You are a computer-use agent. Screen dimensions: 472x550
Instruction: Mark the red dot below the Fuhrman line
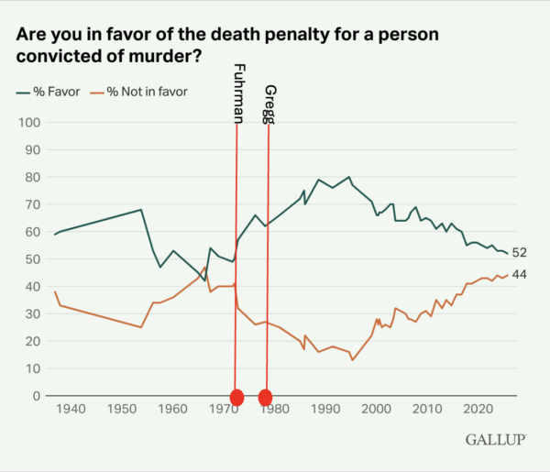236,397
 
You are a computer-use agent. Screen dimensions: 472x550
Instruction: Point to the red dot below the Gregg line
266,397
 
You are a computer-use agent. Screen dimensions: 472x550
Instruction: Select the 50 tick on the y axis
32,259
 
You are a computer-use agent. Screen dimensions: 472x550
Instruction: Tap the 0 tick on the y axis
36,396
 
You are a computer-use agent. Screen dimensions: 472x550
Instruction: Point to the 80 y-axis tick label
32,177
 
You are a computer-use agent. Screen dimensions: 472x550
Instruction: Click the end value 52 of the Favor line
519,253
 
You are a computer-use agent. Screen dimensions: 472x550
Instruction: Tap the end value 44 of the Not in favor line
519,275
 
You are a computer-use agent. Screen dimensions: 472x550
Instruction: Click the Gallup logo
495,440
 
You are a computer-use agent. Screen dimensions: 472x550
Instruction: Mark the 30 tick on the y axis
32,314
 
